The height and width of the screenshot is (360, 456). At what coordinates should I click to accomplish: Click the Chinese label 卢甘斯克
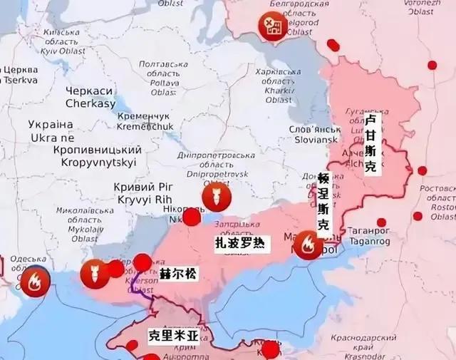tap(370, 145)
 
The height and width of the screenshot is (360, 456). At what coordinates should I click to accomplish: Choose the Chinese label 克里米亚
tap(173, 334)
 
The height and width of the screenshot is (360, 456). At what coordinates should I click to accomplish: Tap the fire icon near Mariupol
tap(308, 245)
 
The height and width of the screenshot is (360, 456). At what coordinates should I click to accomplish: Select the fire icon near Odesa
tap(35, 282)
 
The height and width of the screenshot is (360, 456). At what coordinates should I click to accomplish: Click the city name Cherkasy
tap(90, 98)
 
